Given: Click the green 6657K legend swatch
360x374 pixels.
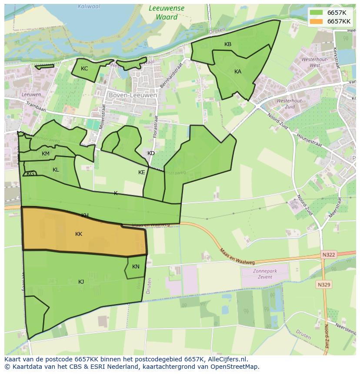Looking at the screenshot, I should [x=316, y=12].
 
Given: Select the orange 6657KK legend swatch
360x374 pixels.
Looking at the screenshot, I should [x=316, y=21].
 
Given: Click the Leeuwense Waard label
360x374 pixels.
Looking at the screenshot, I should [x=166, y=13].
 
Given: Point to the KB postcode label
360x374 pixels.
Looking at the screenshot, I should [x=228, y=44].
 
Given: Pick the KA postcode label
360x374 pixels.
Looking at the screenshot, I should [x=238, y=72].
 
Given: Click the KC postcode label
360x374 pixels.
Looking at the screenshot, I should [x=84, y=69].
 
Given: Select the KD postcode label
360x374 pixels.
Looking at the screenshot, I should [x=151, y=153].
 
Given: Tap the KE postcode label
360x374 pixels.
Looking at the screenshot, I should [x=142, y=172].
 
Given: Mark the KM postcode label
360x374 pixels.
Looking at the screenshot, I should [x=46, y=154].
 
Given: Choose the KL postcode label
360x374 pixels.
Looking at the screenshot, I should [x=56, y=170].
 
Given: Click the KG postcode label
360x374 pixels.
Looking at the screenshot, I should [x=30, y=174].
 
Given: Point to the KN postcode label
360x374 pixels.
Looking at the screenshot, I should [x=136, y=267].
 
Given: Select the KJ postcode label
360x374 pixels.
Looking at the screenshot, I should [x=81, y=282].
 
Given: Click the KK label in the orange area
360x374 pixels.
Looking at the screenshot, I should [x=79, y=234].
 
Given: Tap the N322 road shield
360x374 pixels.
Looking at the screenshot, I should [x=329, y=255].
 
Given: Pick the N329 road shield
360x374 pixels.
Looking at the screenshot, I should [x=324, y=285].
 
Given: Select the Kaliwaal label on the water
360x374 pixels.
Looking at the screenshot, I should [x=88, y=7].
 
